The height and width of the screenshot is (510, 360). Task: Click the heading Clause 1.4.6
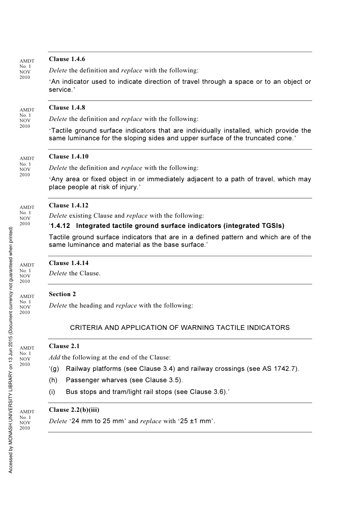point(67,59)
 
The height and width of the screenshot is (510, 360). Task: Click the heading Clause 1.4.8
point(67,107)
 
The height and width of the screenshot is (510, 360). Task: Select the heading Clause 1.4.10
point(69,156)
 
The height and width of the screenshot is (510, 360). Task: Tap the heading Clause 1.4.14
point(69,263)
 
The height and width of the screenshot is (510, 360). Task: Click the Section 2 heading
point(62,294)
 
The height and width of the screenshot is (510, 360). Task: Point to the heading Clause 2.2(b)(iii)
point(74,410)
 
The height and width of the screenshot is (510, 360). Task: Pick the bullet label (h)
point(53,380)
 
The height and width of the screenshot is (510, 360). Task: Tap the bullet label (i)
point(52,392)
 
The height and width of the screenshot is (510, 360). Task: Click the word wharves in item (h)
point(115,380)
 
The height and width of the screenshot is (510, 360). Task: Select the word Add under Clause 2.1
point(54,357)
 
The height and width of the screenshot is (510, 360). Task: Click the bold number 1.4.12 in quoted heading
point(60,226)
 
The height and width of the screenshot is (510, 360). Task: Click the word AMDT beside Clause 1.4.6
point(27,61)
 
